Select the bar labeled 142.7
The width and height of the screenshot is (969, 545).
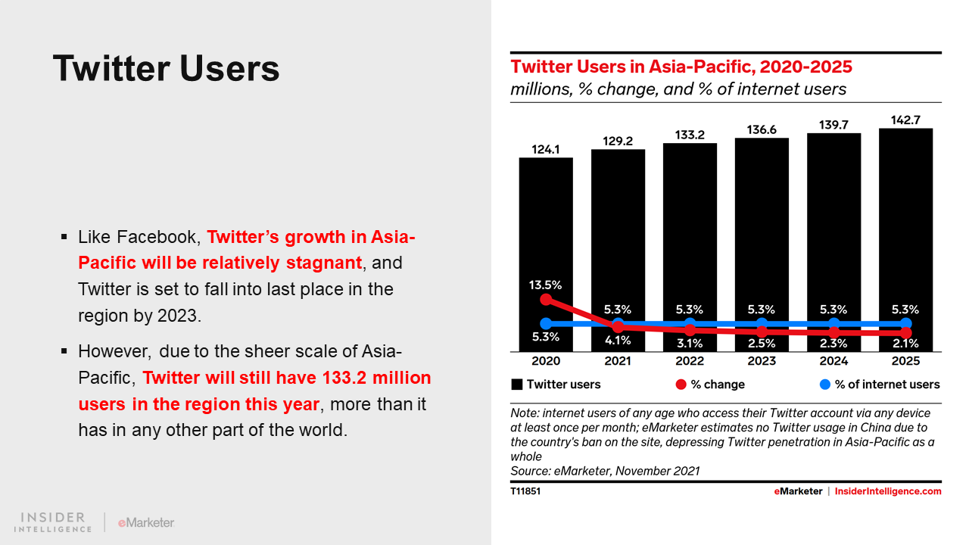pyautogui.click(x=906, y=240)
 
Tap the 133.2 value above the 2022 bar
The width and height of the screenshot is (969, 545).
pyautogui.click(x=690, y=135)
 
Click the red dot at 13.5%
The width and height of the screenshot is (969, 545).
pyautogui.click(x=547, y=299)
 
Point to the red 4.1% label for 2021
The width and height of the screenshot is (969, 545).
pyautogui.click(x=618, y=341)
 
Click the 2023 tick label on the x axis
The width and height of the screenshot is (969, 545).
pyautogui.click(x=762, y=361)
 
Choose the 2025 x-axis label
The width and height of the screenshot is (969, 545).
pyautogui.click(x=906, y=361)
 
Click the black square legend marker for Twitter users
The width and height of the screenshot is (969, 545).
pyautogui.click(x=517, y=385)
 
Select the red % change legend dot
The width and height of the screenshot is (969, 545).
pyautogui.click(x=681, y=385)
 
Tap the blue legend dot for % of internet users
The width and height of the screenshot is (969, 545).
pyautogui.click(x=825, y=385)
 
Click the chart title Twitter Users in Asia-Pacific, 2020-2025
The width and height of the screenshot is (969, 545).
pyautogui.click(x=681, y=67)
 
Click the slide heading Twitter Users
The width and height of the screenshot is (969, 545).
pyautogui.click(x=166, y=68)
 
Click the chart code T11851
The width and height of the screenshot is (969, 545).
pyautogui.click(x=525, y=491)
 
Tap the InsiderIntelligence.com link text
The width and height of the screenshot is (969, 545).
pyautogui.click(x=888, y=491)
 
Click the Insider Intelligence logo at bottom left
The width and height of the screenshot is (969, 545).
pyautogui.click(x=53, y=522)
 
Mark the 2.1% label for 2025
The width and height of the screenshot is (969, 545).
pyautogui.click(x=906, y=344)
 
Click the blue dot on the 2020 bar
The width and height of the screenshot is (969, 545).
pyautogui.click(x=547, y=323)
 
